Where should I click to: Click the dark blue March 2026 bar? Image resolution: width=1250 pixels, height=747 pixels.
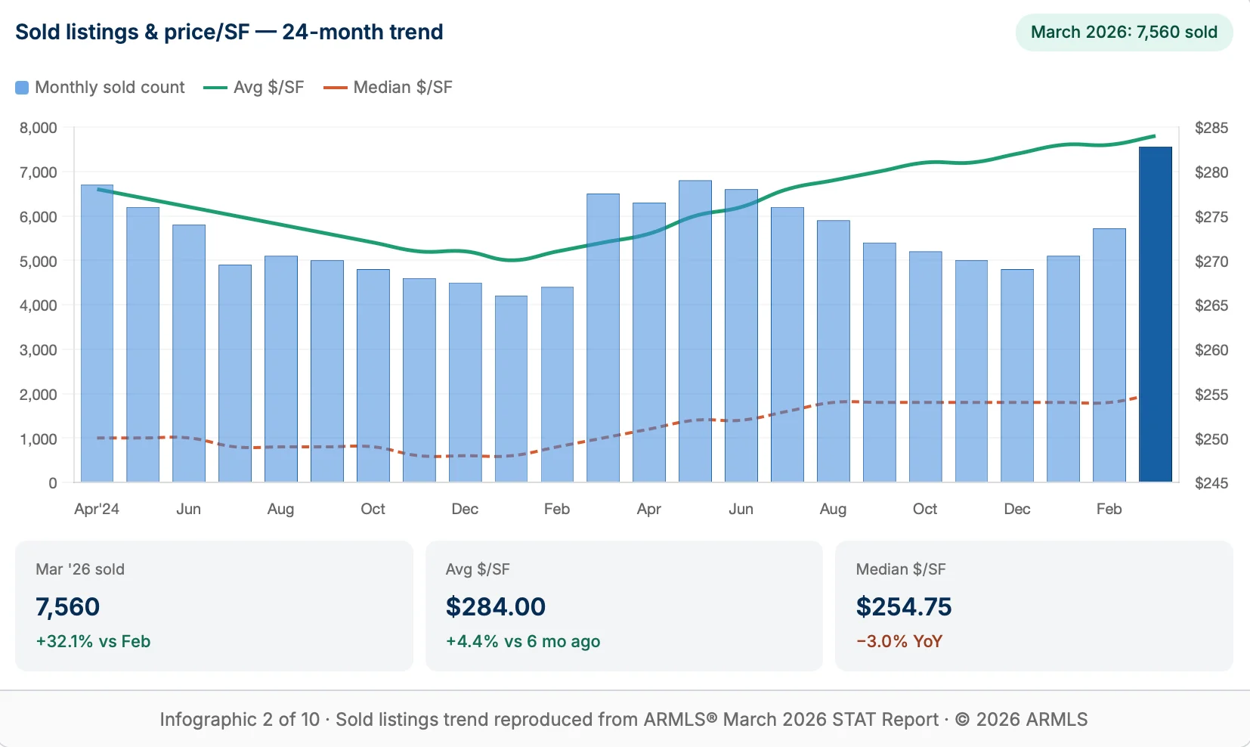pyautogui.click(x=1155, y=314)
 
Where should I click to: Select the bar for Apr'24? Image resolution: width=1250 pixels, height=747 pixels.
pyautogui.click(x=97, y=333)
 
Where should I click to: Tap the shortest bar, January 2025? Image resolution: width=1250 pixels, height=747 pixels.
pyautogui.click(x=511, y=389)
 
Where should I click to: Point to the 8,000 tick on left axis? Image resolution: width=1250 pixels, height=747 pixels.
pyautogui.click(x=39, y=128)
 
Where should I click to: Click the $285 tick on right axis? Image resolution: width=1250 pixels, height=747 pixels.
pyautogui.click(x=1211, y=128)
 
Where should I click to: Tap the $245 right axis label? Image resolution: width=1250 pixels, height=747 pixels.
pyautogui.click(x=1211, y=483)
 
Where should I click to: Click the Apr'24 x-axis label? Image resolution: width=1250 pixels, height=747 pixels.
pyautogui.click(x=97, y=509)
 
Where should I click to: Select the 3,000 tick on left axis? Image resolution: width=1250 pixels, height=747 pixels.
pyautogui.click(x=39, y=350)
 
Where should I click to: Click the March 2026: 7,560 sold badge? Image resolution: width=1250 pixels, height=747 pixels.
pyautogui.click(x=1124, y=33)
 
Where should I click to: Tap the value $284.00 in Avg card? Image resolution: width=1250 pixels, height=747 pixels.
pyautogui.click(x=495, y=606)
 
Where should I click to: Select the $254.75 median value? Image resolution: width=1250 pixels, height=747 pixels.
pyautogui.click(x=903, y=606)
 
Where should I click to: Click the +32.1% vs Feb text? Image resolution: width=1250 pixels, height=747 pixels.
pyautogui.click(x=93, y=641)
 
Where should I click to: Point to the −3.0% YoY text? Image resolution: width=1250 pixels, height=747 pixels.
pyautogui.click(x=899, y=641)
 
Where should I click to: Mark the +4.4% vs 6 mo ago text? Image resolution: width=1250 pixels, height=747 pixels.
pyautogui.click(x=522, y=641)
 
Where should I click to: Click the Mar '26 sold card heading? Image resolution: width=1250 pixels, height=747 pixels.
pyautogui.click(x=80, y=569)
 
